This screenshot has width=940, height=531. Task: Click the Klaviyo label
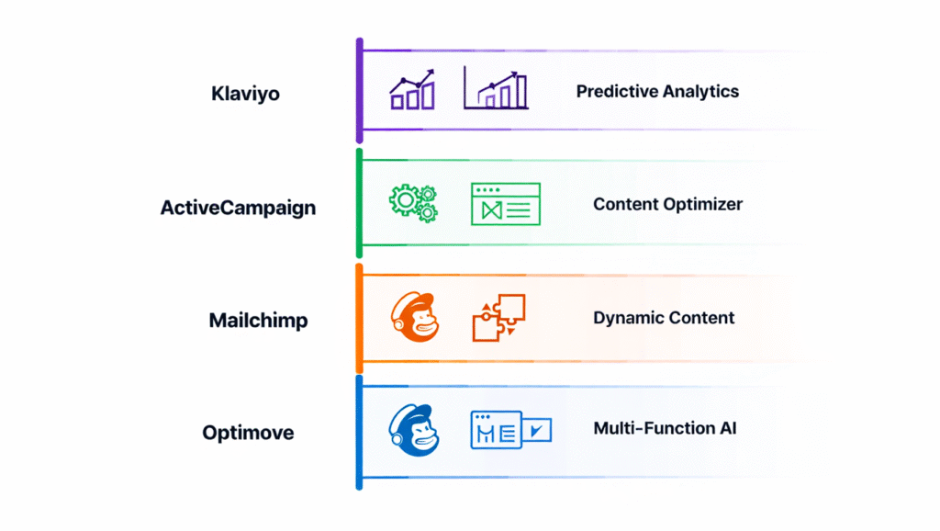245,94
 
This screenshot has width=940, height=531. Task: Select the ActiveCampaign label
238,208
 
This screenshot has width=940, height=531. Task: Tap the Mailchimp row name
258,321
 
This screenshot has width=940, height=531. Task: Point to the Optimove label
248,433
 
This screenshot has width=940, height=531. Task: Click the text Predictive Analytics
657,91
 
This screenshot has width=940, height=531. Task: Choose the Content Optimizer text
667,204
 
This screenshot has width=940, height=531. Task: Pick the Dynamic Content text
664,318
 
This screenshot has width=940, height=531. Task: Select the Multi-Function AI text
665,428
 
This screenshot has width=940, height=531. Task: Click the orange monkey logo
414,318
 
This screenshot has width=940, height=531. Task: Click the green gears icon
413,202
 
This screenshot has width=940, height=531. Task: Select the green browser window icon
505,203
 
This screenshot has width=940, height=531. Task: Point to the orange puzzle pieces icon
498,318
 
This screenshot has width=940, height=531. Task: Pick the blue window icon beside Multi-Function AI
509,430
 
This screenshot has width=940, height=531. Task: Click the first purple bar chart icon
412,91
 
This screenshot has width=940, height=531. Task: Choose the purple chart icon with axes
496,88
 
